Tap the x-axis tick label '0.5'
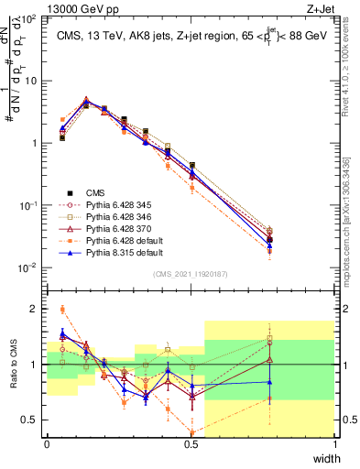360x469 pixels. tap(191, 442)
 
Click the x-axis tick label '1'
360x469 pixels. tap(335, 442)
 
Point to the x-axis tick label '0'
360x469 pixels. tap(47, 442)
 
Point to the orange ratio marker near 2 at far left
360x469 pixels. tap(61, 309)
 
